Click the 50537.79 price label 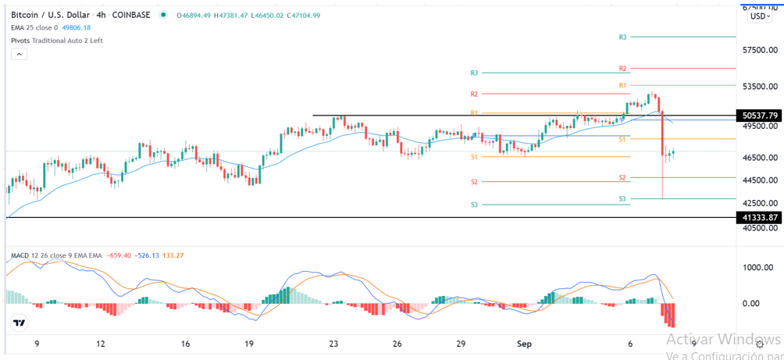758,116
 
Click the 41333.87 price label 758,218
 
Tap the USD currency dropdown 760,16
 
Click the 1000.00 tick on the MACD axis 757,267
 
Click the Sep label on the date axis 525,344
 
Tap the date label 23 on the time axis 333,344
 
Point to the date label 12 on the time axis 102,344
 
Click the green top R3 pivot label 622,37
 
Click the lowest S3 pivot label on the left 474,205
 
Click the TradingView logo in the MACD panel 19,323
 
